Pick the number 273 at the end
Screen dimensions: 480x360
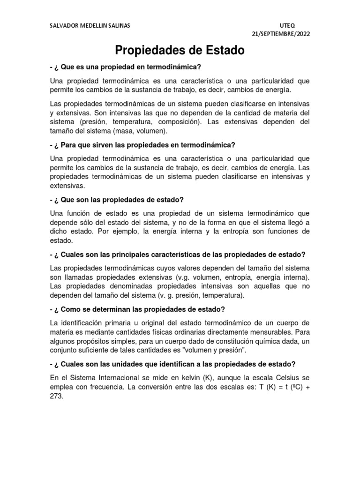(x=55, y=396)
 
